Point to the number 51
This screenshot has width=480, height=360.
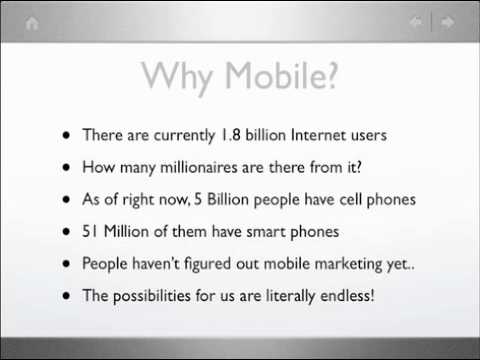click(91, 233)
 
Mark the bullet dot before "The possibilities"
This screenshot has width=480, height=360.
click(67, 298)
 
